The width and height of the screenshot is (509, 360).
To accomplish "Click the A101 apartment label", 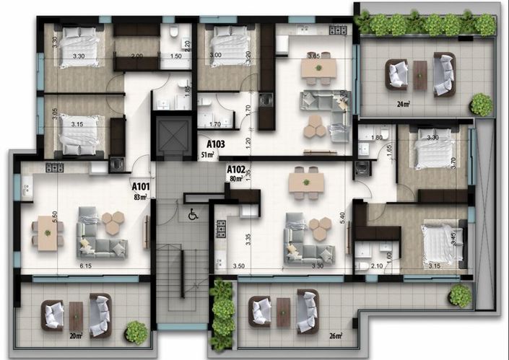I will pos(140,185).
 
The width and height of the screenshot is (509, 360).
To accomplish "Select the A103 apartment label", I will pos(215,144).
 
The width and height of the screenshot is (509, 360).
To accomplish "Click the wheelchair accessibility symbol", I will pos(193,214).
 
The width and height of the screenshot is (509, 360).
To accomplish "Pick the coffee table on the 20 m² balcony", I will pos(76,315).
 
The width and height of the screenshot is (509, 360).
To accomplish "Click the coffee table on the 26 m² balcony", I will pos(284,312).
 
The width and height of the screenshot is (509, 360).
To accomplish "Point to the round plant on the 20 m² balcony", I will pos(136,331).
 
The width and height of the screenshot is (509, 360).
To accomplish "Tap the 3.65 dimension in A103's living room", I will pos(313,56).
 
